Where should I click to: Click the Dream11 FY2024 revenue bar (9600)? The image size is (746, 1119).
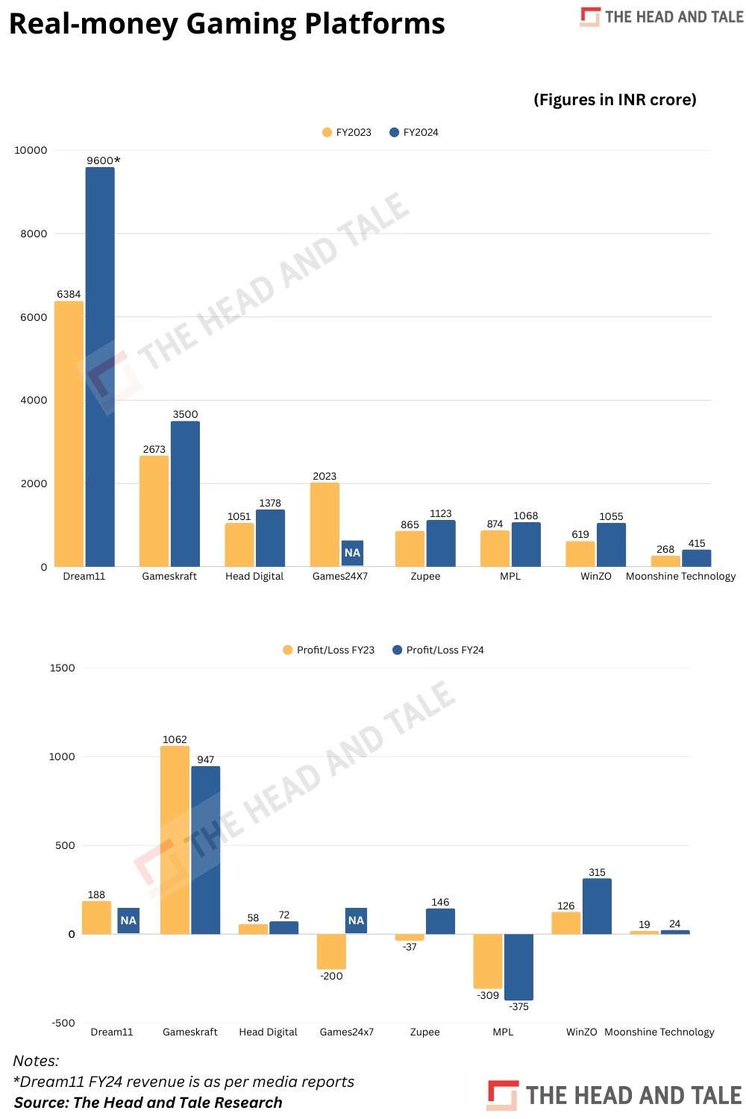click(x=100, y=366)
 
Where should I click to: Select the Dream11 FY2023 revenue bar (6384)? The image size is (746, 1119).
click(x=69, y=433)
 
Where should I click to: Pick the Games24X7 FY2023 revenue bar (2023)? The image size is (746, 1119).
click(x=325, y=524)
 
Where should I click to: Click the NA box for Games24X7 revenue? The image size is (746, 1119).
click(x=352, y=553)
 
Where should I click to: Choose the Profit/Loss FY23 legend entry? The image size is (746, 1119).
click(x=329, y=650)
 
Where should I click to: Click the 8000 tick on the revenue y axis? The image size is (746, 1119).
click(x=34, y=233)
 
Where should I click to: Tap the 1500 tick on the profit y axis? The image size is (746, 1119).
click(x=62, y=668)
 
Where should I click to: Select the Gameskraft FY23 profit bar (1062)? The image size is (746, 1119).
click(x=175, y=839)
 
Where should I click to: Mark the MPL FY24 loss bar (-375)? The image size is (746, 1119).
click(x=518, y=967)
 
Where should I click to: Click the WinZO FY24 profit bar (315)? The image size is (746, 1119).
click(x=597, y=906)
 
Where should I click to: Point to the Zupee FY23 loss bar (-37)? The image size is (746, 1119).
click(x=410, y=937)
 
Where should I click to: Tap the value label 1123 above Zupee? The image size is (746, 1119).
click(x=440, y=513)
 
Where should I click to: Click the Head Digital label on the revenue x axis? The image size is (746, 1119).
click(x=254, y=576)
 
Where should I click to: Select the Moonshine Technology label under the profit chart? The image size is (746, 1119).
click(x=659, y=1032)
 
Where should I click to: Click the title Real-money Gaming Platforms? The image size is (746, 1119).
click(x=227, y=23)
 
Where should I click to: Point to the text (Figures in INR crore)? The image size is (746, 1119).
click(x=615, y=100)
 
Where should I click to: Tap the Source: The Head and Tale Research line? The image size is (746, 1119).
click(x=148, y=1103)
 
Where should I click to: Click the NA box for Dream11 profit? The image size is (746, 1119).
click(x=128, y=921)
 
